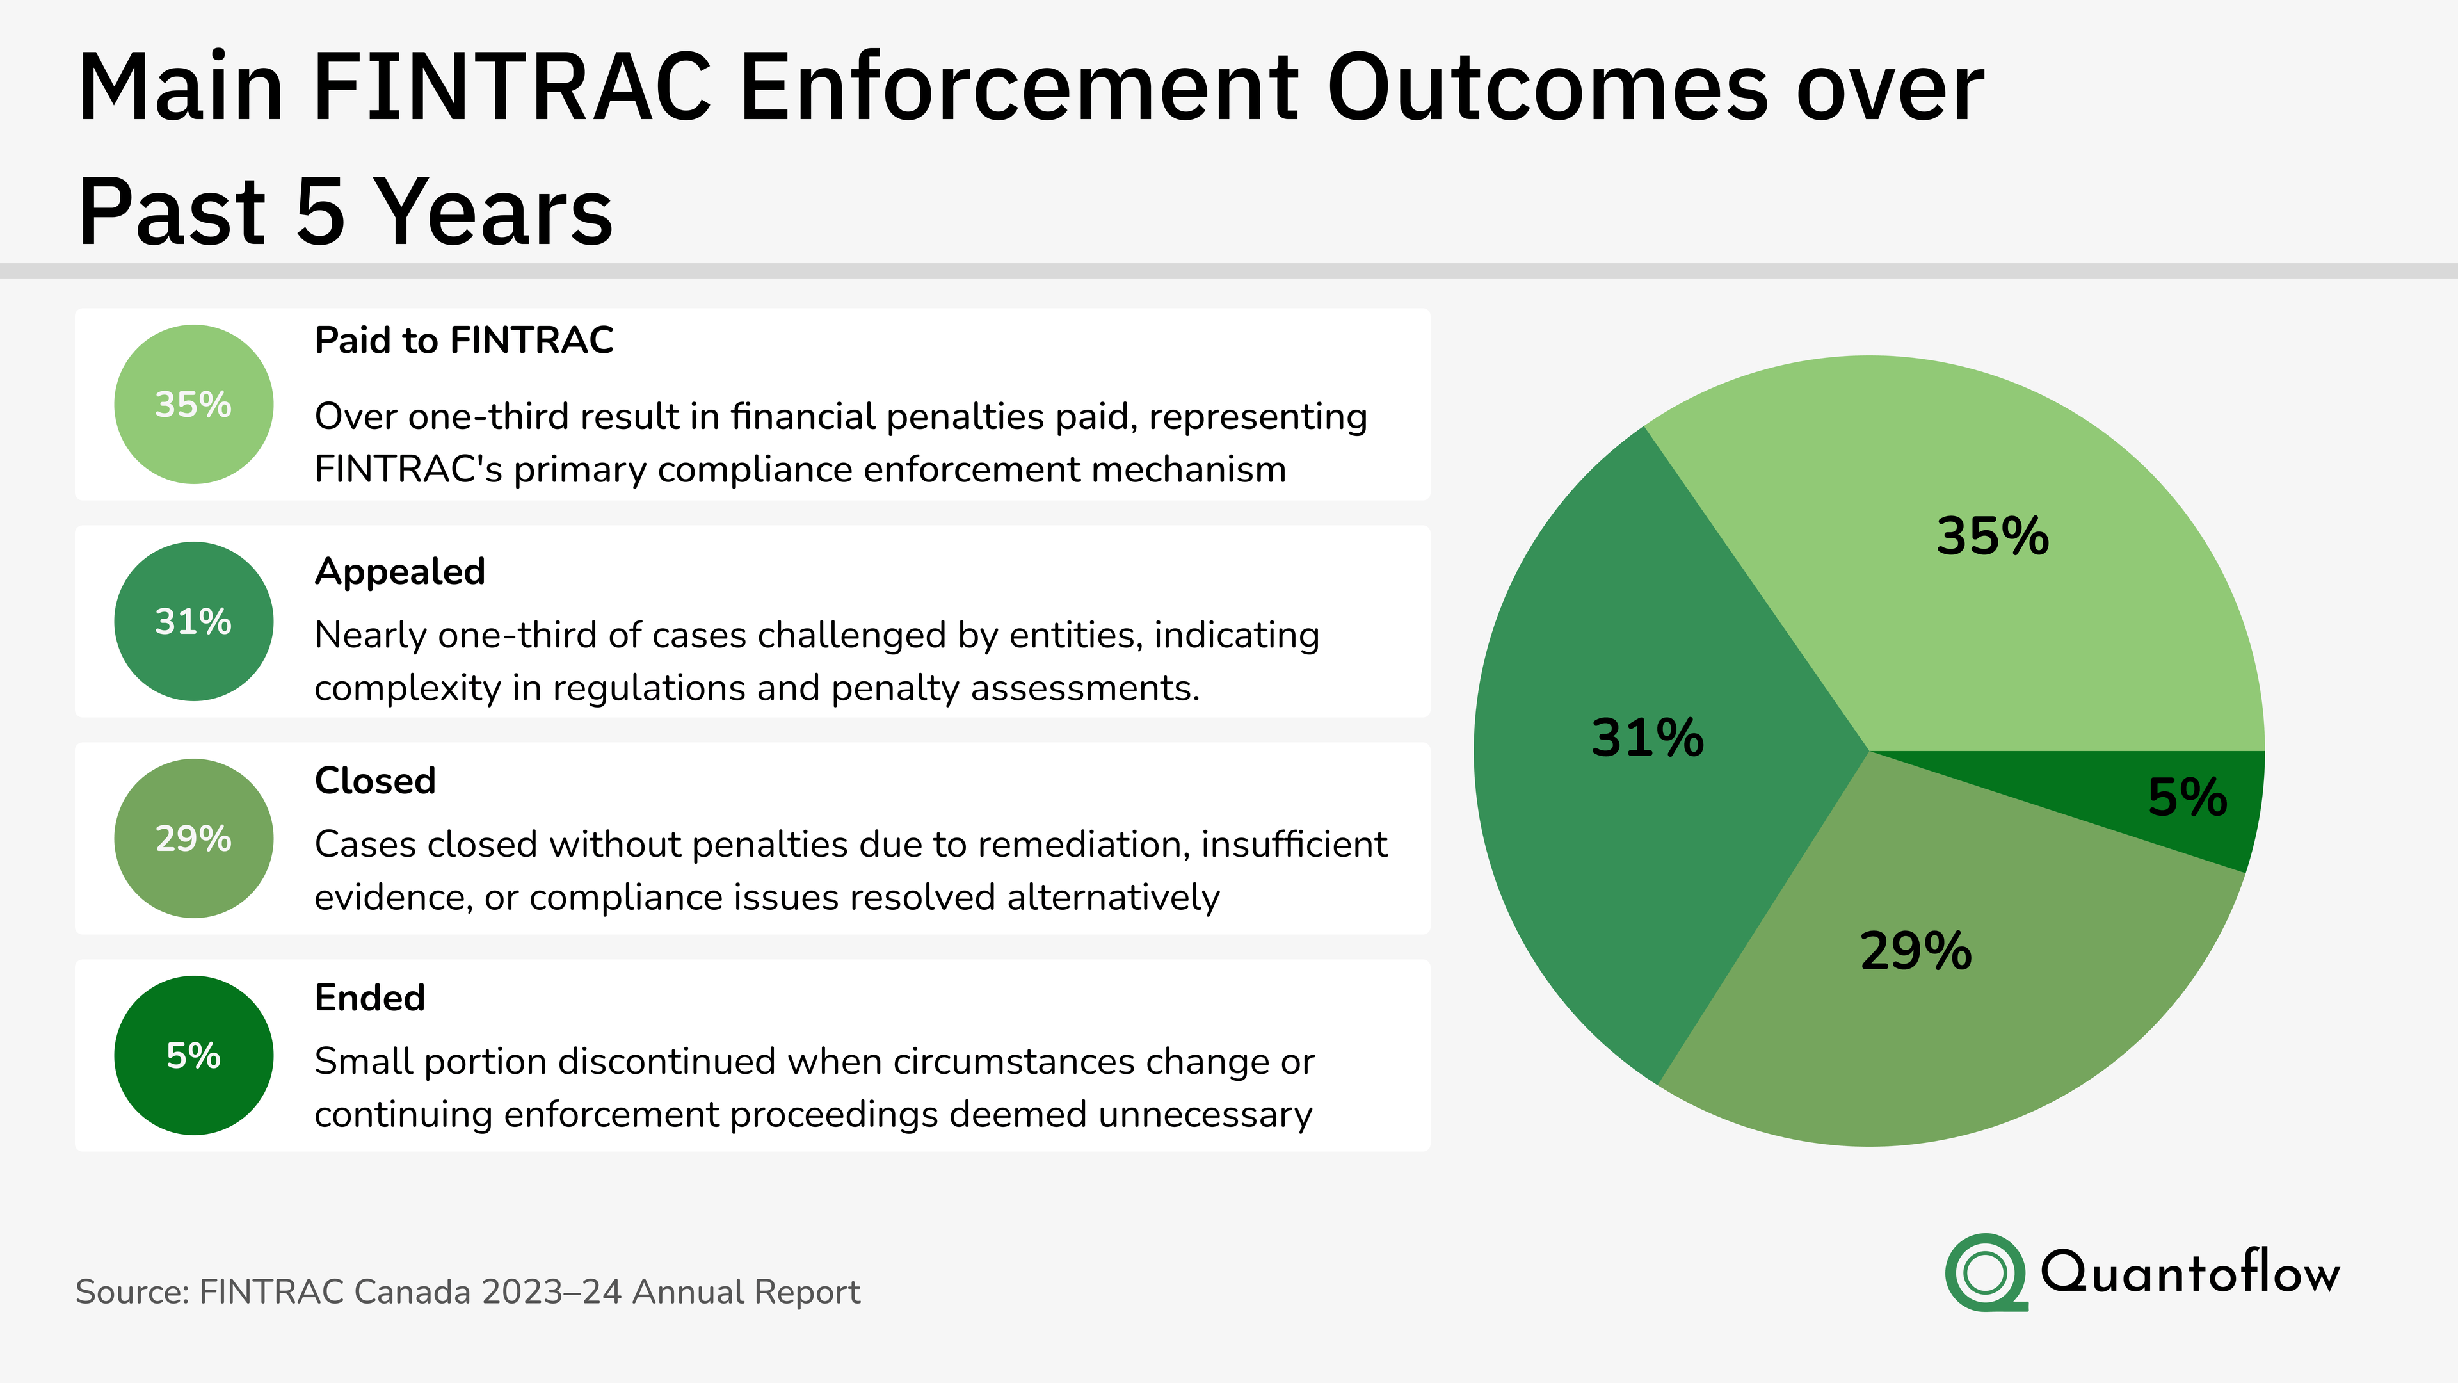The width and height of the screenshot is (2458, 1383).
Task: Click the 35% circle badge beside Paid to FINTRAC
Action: (194, 405)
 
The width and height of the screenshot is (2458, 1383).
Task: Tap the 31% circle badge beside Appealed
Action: (194, 621)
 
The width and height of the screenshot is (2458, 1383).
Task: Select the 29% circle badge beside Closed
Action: (194, 838)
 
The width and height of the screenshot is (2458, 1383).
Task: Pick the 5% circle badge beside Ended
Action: (194, 1056)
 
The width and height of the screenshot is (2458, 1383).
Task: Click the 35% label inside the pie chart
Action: (1993, 537)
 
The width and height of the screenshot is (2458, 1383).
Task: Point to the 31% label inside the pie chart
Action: (1647, 738)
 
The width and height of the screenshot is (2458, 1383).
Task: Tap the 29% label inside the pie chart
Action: (1916, 951)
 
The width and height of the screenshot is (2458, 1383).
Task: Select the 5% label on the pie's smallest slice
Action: (2187, 797)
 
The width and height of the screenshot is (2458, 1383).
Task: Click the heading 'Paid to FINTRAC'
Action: (463, 341)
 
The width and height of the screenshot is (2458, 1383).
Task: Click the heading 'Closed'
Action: (375, 780)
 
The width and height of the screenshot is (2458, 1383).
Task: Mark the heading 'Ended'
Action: (369, 998)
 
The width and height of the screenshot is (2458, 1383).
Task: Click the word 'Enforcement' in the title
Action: (1018, 88)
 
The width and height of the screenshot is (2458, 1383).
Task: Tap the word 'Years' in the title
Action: (492, 212)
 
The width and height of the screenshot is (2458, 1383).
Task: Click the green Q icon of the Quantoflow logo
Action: (1986, 1272)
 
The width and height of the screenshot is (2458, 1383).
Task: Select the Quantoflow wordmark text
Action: (2190, 1272)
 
